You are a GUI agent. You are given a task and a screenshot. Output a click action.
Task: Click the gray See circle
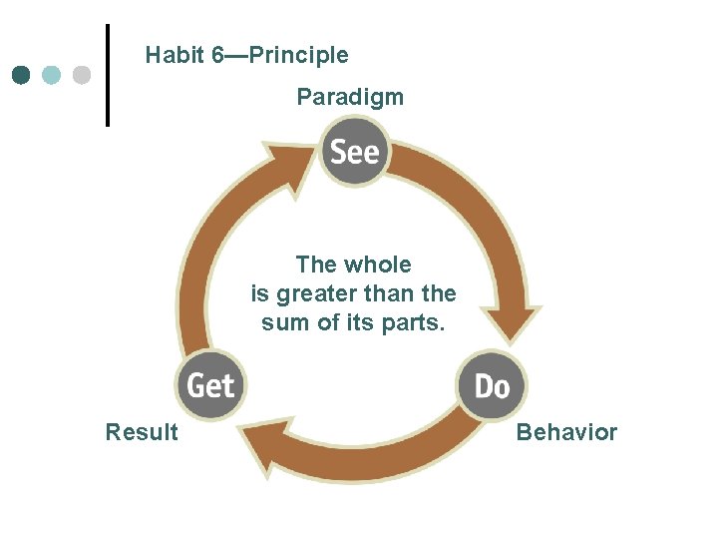pyautogui.click(x=355, y=152)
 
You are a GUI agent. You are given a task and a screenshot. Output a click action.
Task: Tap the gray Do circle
pyautogui.click(x=491, y=384)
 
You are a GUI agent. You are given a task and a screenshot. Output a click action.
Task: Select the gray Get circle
pyautogui.click(x=210, y=384)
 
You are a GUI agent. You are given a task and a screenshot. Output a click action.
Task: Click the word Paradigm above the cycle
pyautogui.click(x=350, y=97)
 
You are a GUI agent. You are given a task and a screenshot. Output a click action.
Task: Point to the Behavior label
pyautogui.click(x=566, y=432)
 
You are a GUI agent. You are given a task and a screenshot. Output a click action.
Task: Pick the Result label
pyautogui.click(x=142, y=432)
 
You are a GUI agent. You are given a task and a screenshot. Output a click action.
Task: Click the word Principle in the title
pyautogui.click(x=299, y=55)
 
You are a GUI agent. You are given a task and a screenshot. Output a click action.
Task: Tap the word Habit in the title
pyautogui.click(x=176, y=55)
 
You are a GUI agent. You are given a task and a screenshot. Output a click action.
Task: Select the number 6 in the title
pyautogui.click(x=217, y=55)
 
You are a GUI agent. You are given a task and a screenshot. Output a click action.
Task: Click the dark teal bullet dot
pyautogui.click(x=22, y=75)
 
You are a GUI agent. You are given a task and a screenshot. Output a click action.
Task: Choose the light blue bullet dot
pyautogui.click(x=52, y=75)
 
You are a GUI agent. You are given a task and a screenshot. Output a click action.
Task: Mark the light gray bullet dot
pyautogui.click(x=82, y=75)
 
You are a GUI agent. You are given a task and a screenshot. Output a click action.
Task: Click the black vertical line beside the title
pyautogui.click(x=108, y=75)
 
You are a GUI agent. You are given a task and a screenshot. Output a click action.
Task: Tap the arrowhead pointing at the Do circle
pyautogui.click(x=513, y=325)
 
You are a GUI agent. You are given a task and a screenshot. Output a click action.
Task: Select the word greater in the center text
pyautogui.click(x=311, y=294)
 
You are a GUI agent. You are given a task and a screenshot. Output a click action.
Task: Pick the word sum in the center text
pyautogui.click(x=281, y=323)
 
